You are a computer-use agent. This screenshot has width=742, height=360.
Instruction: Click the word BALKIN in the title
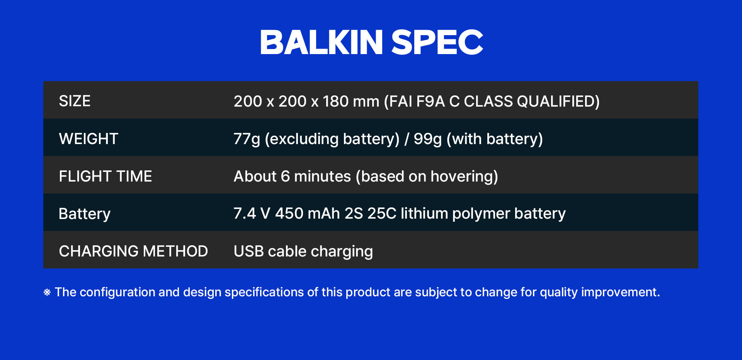(x=322, y=42)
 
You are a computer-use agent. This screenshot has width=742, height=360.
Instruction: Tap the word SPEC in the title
(x=437, y=42)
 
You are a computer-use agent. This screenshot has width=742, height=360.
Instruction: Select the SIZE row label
(x=75, y=101)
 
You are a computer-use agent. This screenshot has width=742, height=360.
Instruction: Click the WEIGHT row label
(x=88, y=139)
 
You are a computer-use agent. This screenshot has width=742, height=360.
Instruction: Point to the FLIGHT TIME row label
(x=106, y=176)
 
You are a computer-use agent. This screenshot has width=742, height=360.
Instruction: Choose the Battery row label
(x=85, y=214)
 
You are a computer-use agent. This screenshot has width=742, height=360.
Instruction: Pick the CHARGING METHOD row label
(x=133, y=251)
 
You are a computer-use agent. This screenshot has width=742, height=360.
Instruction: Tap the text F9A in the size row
(x=431, y=101)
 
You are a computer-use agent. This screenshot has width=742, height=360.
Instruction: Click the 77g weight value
(x=247, y=139)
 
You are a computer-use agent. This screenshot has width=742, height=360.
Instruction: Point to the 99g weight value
(x=428, y=139)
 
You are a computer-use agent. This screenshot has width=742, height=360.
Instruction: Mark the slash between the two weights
(x=407, y=139)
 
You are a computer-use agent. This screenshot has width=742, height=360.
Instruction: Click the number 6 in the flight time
(x=285, y=176)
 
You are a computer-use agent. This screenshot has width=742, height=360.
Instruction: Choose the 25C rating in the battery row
(x=382, y=214)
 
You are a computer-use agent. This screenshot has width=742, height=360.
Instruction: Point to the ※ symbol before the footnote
(x=47, y=292)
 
